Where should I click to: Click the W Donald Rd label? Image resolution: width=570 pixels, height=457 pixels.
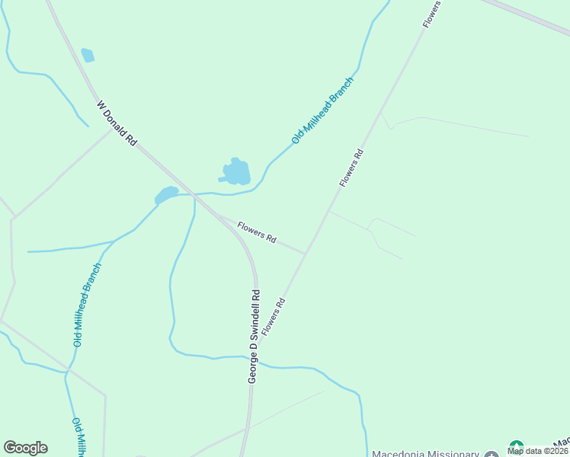117,122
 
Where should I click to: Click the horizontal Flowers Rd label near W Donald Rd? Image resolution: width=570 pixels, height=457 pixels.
256,232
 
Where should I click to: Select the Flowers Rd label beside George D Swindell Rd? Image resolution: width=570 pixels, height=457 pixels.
273,317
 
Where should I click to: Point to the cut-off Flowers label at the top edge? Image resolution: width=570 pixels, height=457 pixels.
432,14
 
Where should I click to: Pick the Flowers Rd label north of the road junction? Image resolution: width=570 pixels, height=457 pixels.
352,168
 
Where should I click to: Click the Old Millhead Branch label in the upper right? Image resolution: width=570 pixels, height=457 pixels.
323,110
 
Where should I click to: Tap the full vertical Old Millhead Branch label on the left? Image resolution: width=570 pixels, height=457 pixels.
87,305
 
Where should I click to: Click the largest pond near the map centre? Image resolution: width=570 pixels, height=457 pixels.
235,172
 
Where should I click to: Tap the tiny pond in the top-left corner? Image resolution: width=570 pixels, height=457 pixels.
88,55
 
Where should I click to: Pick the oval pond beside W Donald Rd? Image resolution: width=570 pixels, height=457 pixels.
166,195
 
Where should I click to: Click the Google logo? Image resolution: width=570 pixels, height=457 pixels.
25,448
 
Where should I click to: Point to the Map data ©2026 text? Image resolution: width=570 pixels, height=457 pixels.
538,451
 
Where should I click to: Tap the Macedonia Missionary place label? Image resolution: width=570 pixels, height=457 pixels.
425,454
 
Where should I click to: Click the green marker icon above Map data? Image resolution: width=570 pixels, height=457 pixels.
516,446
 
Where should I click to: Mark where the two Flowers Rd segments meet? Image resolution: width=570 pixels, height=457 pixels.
306,253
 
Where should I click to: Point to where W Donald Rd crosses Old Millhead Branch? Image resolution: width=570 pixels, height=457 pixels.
194,194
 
